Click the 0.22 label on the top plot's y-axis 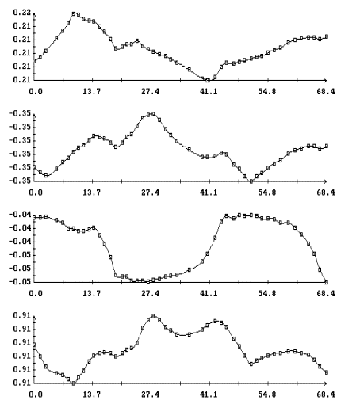pyautogui.click(x=21, y=13)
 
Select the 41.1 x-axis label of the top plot pyautogui.click(x=209, y=92)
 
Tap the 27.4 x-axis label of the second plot pyautogui.click(x=151, y=192)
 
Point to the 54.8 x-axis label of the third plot pyautogui.click(x=267, y=293)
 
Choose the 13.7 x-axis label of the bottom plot pyautogui.click(x=92, y=394)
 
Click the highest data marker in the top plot pyautogui.click(x=74, y=13)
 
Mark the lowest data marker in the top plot pyautogui.click(x=208, y=80)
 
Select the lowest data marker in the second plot pyautogui.click(x=251, y=181)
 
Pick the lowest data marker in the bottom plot pyautogui.click(x=74, y=383)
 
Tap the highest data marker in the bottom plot pyautogui.click(x=153, y=316)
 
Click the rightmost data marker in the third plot pyautogui.click(x=327, y=282)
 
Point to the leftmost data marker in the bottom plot pyautogui.click(x=34, y=345)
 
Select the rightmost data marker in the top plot pyautogui.click(x=327, y=36)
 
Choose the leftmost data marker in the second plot pyautogui.click(x=34, y=167)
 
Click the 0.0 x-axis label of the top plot pyautogui.click(x=36, y=92)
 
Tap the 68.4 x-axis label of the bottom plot pyautogui.click(x=326, y=394)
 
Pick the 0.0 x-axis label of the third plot pyautogui.click(x=36, y=293)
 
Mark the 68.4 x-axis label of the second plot pyautogui.click(x=326, y=192)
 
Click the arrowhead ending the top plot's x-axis pyautogui.click(x=325, y=80)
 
